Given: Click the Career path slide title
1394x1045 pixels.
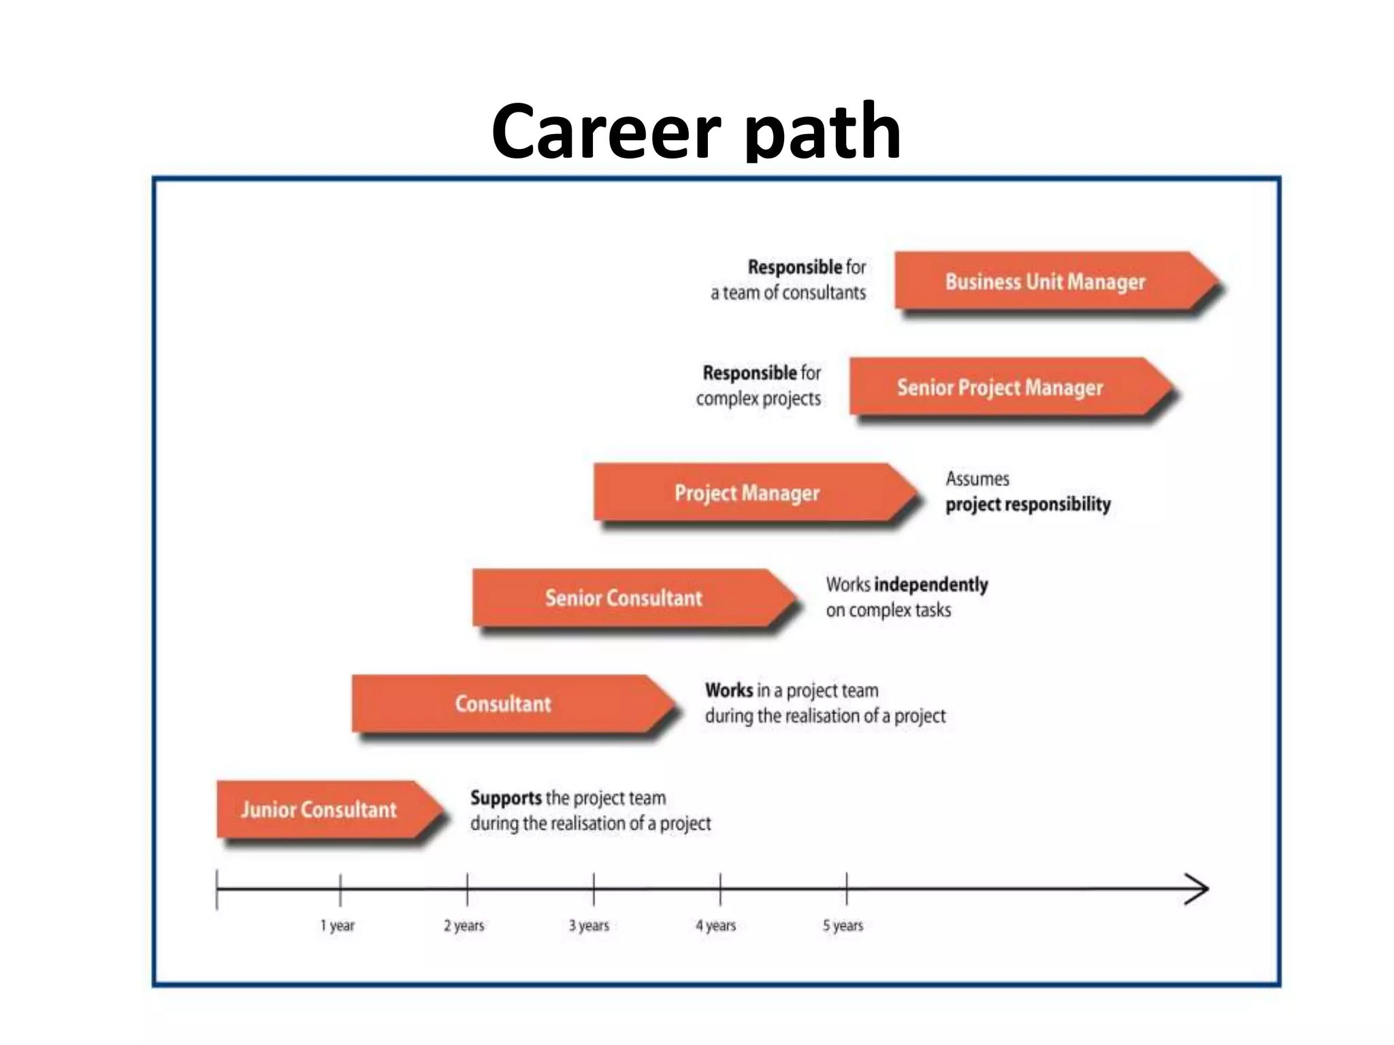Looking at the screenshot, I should [696, 131].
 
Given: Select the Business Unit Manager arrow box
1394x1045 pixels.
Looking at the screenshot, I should [1045, 282].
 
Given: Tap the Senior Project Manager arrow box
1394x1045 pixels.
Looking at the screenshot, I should [999, 387].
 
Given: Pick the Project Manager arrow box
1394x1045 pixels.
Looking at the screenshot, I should [747, 493].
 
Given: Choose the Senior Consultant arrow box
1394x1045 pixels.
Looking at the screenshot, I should [623, 598].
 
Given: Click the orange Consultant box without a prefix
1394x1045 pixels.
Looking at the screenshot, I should [502, 703].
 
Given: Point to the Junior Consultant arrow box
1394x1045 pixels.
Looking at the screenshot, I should [319, 810].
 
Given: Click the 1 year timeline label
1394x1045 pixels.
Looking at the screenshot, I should [338, 925].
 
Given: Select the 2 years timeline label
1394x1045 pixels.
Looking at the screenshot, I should [464, 925].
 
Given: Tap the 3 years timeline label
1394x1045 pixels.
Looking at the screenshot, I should [589, 925].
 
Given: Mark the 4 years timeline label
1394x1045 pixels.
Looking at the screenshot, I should [716, 925].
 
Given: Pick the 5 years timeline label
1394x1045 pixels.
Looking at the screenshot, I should [843, 925].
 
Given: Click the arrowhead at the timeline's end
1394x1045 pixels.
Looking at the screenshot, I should [1198, 889].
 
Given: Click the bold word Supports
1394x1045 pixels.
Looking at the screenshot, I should [506, 797].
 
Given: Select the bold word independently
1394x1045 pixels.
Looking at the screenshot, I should [930, 584].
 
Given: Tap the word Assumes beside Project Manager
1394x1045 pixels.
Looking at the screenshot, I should [977, 479].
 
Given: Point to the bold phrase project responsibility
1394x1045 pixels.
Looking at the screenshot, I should [1028, 504].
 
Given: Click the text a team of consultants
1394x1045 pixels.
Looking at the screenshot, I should [788, 293].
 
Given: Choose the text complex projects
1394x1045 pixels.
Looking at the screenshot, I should [758, 399].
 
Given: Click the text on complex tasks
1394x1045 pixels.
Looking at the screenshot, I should [888, 610].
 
